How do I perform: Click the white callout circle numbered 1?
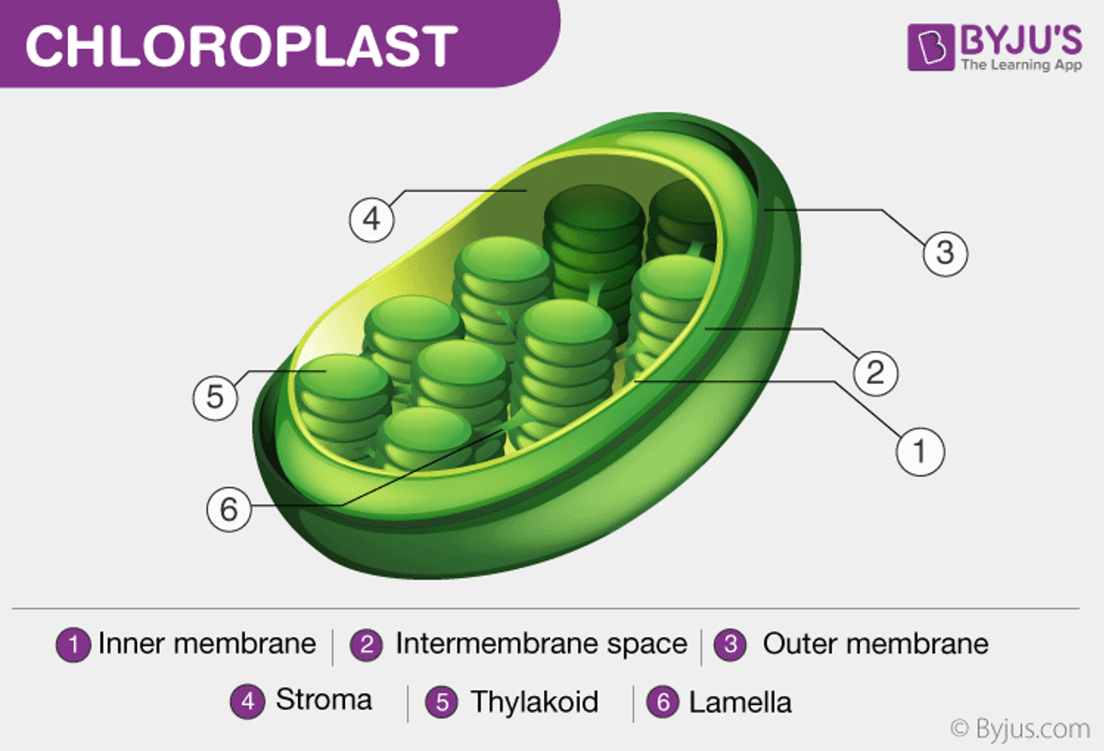pos(920,452)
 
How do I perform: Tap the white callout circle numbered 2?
pos(876,373)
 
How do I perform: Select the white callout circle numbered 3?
pos(945,253)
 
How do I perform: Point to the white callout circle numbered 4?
pos(372,220)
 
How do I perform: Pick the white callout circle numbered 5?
pos(215,397)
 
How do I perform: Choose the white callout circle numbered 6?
pos(228,509)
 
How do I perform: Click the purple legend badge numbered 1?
pos(73,645)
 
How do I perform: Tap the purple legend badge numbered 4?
pos(247,701)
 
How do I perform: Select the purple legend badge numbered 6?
pos(663,702)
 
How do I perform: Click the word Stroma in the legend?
pos(324,700)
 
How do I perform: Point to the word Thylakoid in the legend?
pos(534,702)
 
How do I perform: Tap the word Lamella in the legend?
pos(740,702)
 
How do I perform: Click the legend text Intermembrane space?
pos(541,644)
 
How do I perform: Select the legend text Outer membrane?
pos(876,643)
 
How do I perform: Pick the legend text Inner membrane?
pos(207,643)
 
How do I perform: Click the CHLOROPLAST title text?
pos(242,45)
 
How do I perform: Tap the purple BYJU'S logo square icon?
pos(931,47)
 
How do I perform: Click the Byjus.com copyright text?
pos(1020,729)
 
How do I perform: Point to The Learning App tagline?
pos(1021,64)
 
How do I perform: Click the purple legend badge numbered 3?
pos(731,645)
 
